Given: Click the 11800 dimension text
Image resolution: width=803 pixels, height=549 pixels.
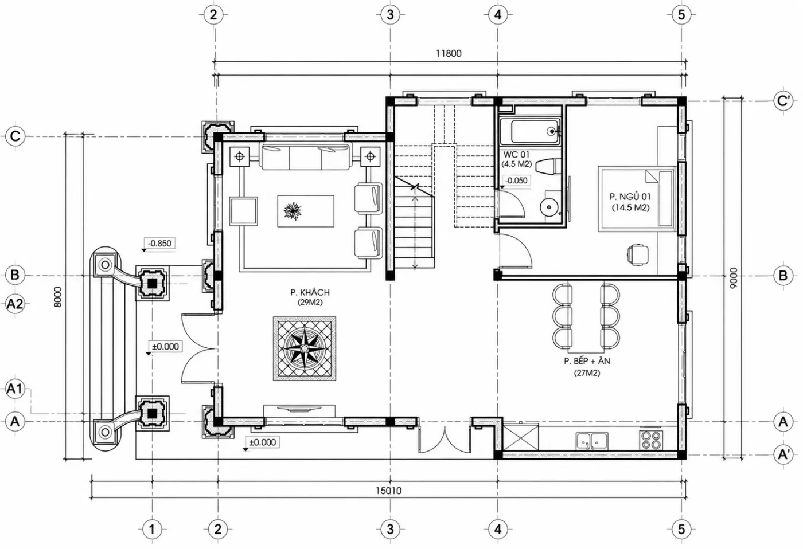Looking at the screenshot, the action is coord(449,53).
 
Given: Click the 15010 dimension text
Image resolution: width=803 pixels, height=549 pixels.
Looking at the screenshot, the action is coord(389,491).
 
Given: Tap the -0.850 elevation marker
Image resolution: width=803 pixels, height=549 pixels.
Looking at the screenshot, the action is coord(159,244).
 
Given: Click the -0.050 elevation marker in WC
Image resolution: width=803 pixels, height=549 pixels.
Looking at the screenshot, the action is coord(516,181).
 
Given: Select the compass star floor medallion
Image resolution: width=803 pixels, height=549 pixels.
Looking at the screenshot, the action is coord(305,348).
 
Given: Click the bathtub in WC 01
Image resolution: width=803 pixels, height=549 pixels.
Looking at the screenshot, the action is coord(530,131).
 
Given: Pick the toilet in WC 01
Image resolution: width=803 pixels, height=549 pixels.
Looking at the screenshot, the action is coord(545,166).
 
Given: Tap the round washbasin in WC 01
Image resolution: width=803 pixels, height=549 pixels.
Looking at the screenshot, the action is coord(548,207).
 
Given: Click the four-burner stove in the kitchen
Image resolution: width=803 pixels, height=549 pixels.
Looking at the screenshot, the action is coord(651,440).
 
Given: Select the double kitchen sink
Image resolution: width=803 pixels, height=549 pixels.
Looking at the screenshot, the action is coord(592,441).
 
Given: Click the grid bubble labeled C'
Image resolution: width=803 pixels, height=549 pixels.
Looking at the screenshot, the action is coord(783,101).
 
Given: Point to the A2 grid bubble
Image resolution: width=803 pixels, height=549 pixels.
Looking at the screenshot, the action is coord(15,304).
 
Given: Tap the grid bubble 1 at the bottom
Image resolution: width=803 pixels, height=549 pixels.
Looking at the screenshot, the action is coord(152,529).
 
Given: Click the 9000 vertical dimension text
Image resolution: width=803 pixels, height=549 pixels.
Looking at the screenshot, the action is coord(734,278).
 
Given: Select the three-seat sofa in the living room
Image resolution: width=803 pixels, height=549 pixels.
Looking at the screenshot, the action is coord(306,157).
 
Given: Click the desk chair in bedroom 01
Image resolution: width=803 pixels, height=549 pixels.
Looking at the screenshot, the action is coord(637,254).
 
